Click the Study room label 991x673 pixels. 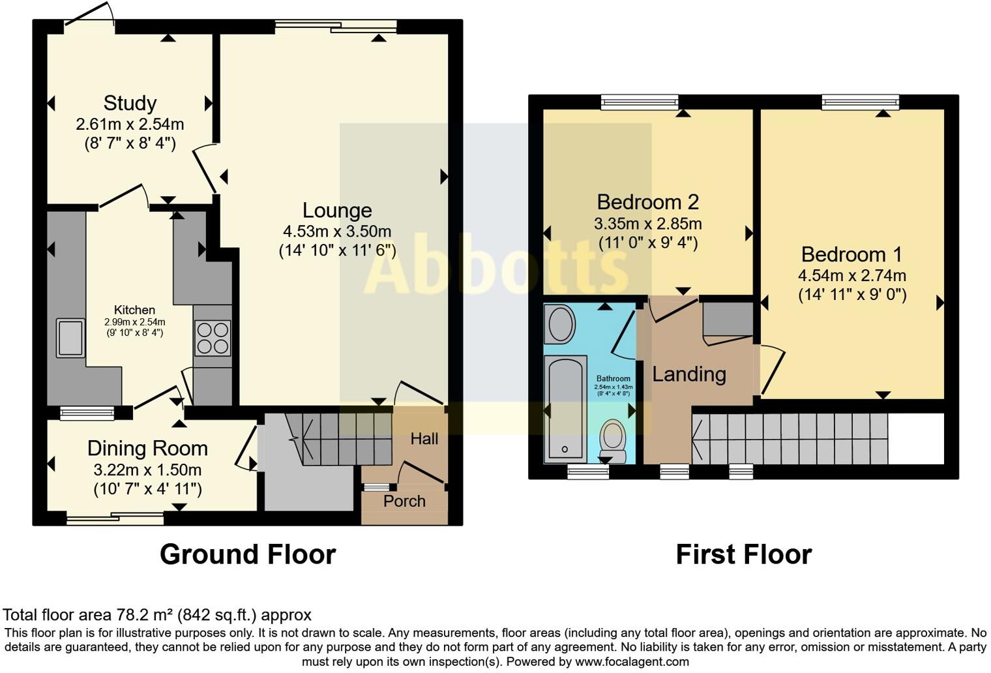130,103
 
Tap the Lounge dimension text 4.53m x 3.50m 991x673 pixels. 336,232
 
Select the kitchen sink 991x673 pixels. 70,337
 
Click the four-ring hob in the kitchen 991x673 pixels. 213,338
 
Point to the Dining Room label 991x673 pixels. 147,449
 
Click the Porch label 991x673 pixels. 404,501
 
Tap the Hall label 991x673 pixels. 424,439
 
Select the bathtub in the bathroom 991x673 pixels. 565,408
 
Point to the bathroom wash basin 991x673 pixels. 560,325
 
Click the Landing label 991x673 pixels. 689,374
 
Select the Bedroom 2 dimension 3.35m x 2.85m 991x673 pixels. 647,224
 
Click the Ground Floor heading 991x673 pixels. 248,554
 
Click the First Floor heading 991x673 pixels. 743,554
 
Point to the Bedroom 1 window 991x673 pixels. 860,101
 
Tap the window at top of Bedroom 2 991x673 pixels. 639,101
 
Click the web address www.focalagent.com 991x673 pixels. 631,661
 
